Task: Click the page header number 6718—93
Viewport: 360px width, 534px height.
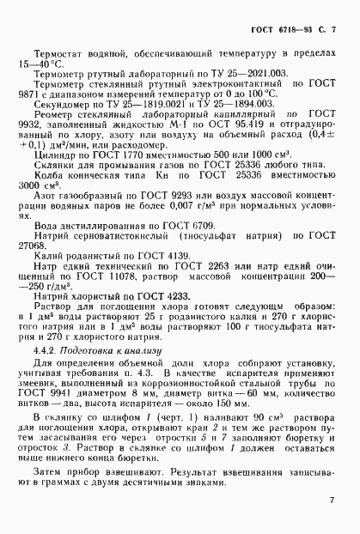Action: pos(294,29)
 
